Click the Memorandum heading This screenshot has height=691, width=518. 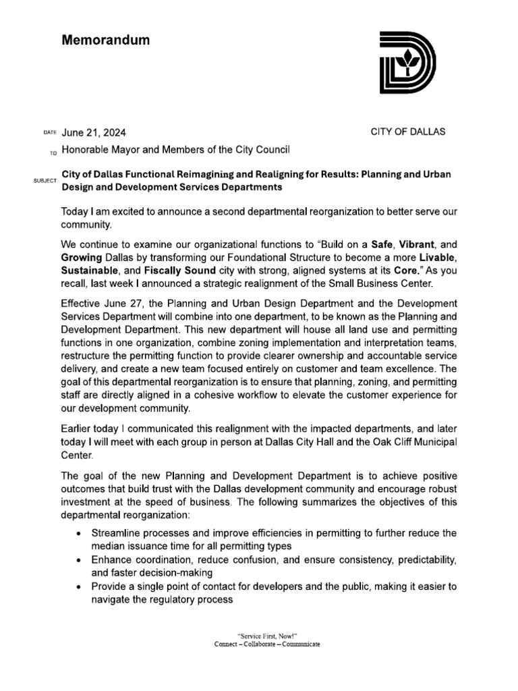point(106,40)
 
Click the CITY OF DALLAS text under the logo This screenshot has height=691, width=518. point(408,132)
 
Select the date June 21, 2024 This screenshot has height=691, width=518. point(94,133)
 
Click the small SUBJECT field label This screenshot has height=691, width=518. point(45,182)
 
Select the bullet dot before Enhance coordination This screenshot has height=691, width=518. point(81,561)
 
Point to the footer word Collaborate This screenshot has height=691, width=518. point(267,644)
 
